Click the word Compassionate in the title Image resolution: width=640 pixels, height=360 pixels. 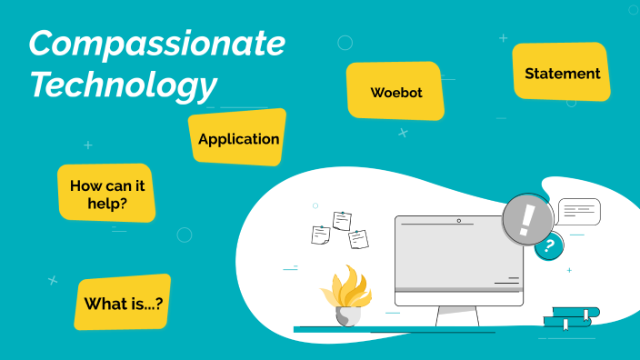156,43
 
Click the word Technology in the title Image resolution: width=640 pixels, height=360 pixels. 123,84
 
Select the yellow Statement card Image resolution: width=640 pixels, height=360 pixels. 562,73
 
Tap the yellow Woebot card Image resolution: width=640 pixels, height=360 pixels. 395,92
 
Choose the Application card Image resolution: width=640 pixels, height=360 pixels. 238,139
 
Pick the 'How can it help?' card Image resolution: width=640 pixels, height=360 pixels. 106,194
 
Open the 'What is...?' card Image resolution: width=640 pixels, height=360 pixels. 123,303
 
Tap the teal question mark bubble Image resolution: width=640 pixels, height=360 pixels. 548,245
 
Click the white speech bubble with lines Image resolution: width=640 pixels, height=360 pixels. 579,211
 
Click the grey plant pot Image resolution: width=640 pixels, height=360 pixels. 347,315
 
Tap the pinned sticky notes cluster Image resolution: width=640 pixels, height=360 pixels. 340,230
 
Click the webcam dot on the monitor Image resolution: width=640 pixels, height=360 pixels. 459,221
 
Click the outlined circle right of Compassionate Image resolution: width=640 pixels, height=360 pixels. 345,43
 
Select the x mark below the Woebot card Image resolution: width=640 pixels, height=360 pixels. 403,133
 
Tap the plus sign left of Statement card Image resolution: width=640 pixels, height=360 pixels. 503,38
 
